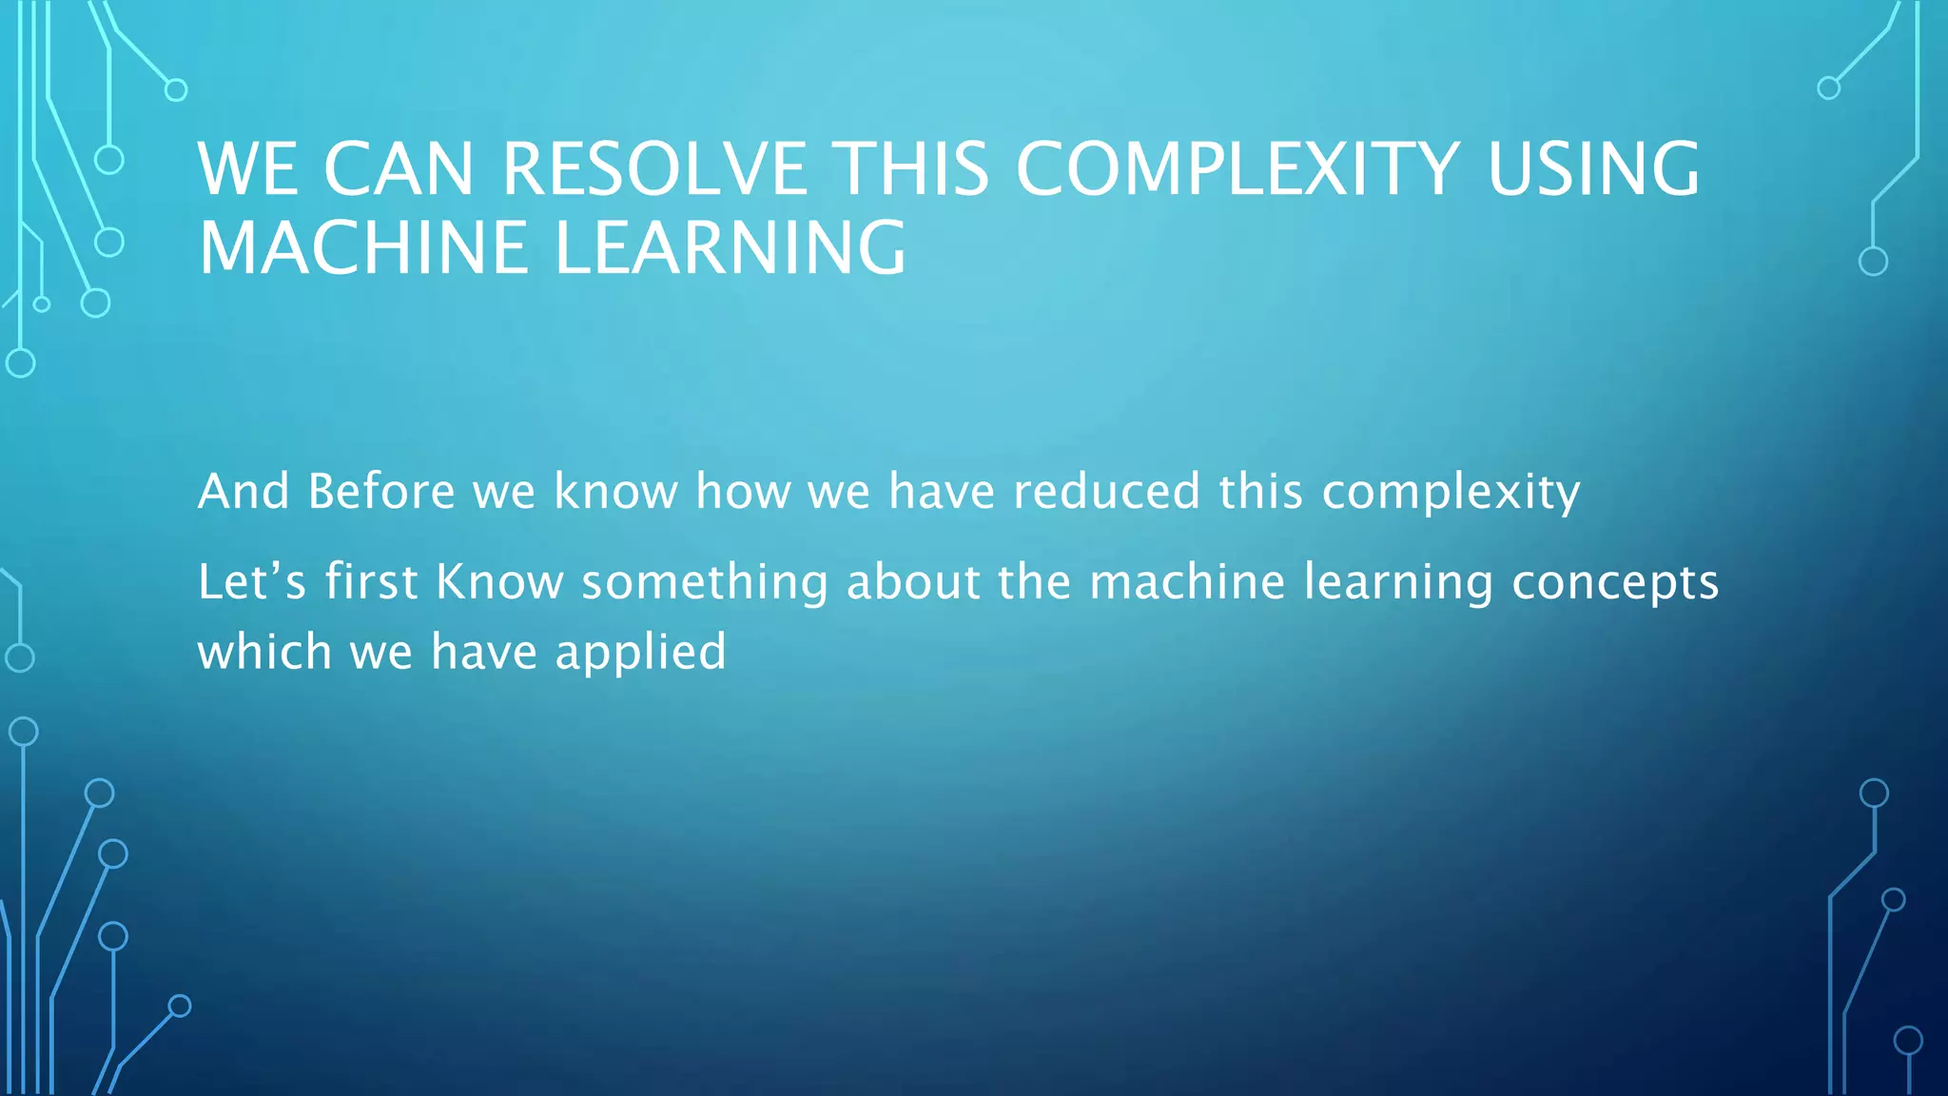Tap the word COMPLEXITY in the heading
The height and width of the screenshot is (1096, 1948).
pyautogui.click(x=1237, y=169)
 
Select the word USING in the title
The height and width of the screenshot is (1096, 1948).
pyautogui.click(x=1593, y=169)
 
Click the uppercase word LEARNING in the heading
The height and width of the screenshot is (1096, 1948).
pyautogui.click(x=730, y=247)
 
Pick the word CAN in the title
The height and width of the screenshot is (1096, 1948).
pyautogui.click(x=399, y=169)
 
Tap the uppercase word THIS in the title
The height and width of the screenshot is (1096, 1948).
pyautogui.click(x=910, y=169)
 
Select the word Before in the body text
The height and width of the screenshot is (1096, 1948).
pyautogui.click(x=381, y=492)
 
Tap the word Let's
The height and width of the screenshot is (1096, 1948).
pyautogui.click(x=252, y=581)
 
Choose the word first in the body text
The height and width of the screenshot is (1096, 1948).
pyautogui.click(x=372, y=581)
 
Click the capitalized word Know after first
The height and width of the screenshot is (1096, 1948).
pyautogui.click(x=499, y=581)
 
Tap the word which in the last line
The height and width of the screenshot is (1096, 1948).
pyautogui.click(x=264, y=653)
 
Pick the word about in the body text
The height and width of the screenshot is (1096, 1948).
pyautogui.click(x=913, y=581)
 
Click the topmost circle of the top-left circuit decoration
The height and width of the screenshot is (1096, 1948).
pyautogui.click(x=176, y=90)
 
